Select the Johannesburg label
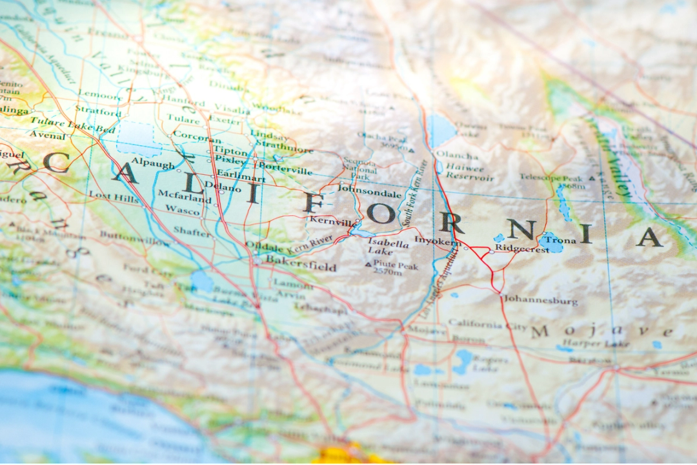coord(540,300)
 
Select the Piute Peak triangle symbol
coord(368,265)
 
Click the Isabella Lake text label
coord(388,248)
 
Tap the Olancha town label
coord(457,155)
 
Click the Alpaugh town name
coord(152,164)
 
